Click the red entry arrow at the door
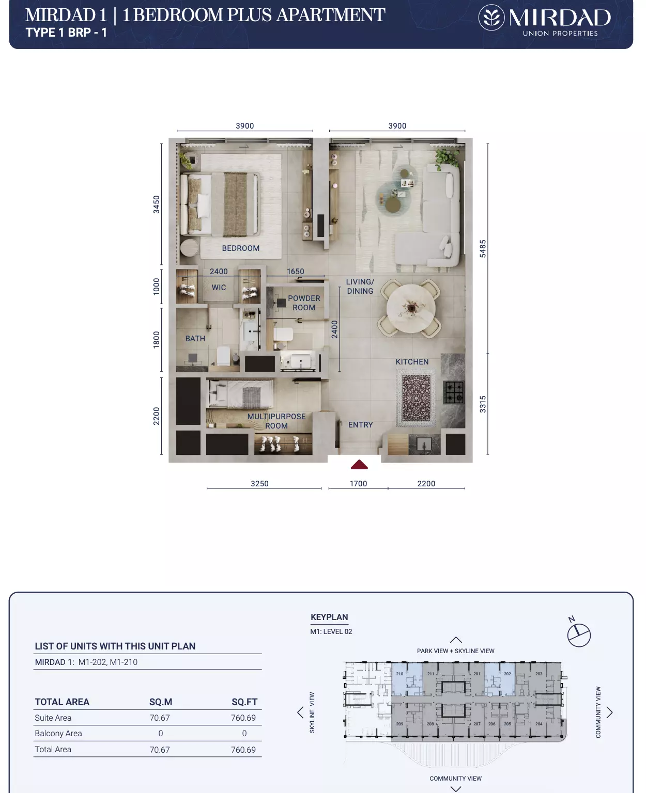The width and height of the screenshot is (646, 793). pos(359,464)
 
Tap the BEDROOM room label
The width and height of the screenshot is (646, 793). pos(241,248)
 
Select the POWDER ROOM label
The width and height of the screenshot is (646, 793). pos(304,303)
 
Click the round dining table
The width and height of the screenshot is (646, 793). pos(410,308)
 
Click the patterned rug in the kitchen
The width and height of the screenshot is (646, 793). pos(416,398)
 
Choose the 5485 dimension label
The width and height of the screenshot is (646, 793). pos(483,248)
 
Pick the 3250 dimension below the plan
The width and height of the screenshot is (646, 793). pos(259,484)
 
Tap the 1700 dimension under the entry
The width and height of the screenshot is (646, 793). pos(358,484)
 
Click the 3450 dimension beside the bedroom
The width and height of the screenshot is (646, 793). pos(157,204)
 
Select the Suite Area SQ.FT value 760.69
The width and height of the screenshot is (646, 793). pos(243,718)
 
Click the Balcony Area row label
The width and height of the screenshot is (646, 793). pos(58,734)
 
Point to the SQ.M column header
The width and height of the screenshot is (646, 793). pos(161,702)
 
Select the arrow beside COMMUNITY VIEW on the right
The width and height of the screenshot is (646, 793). pos(609,712)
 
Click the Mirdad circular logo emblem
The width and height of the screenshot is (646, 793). pos(491,18)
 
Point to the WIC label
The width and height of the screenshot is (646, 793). pos(219,288)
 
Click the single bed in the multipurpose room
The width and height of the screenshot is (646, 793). pos(241,394)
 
